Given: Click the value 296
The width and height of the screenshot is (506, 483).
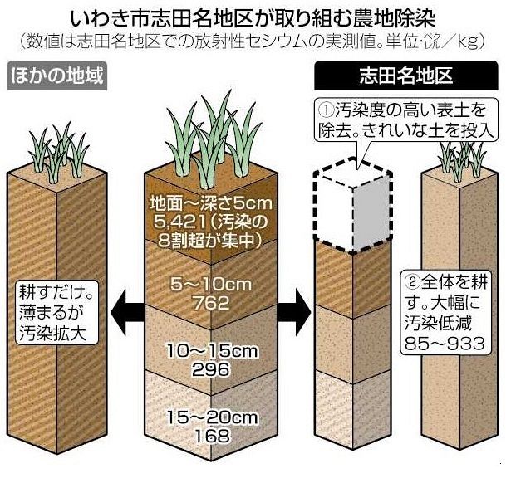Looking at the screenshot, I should (204, 369).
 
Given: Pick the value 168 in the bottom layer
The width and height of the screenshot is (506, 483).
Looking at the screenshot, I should (204, 436).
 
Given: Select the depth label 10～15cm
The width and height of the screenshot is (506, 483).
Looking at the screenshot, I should (204, 353).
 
